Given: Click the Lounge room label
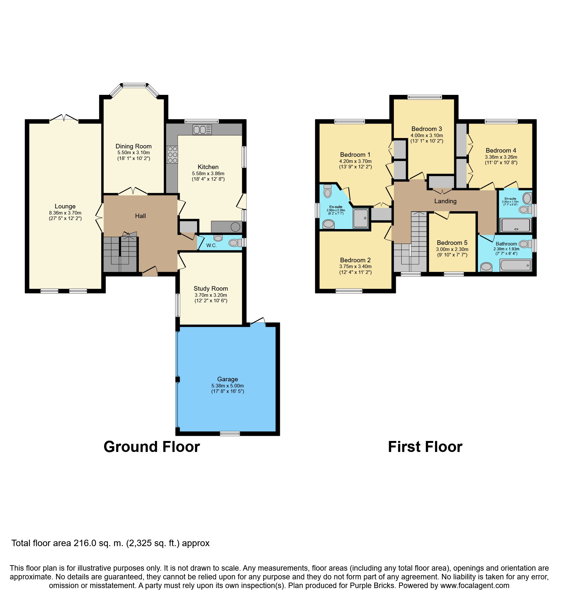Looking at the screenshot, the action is (65, 206).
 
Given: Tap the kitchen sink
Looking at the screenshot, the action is (202, 130).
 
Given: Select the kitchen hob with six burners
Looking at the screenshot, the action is (172, 155).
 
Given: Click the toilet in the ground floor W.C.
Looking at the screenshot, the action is (235, 243).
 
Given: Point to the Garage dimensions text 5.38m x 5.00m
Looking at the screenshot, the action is (227, 386).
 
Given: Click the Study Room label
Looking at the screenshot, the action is (211, 289).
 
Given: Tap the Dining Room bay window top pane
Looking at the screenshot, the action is (134, 85).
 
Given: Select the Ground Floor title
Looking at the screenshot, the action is (152, 447).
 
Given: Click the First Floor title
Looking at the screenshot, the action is (425, 447).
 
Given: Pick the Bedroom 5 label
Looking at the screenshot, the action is (452, 243).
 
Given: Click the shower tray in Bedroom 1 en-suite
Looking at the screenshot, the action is (361, 218).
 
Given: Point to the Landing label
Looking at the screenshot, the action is (445, 201).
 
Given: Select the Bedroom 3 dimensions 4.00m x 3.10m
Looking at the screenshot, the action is (427, 135).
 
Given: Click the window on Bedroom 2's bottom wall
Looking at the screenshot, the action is (349, 291).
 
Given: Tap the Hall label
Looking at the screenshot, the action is (140, 216).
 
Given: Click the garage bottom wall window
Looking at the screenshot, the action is (230, 434).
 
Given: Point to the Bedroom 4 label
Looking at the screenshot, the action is (501, 151).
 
